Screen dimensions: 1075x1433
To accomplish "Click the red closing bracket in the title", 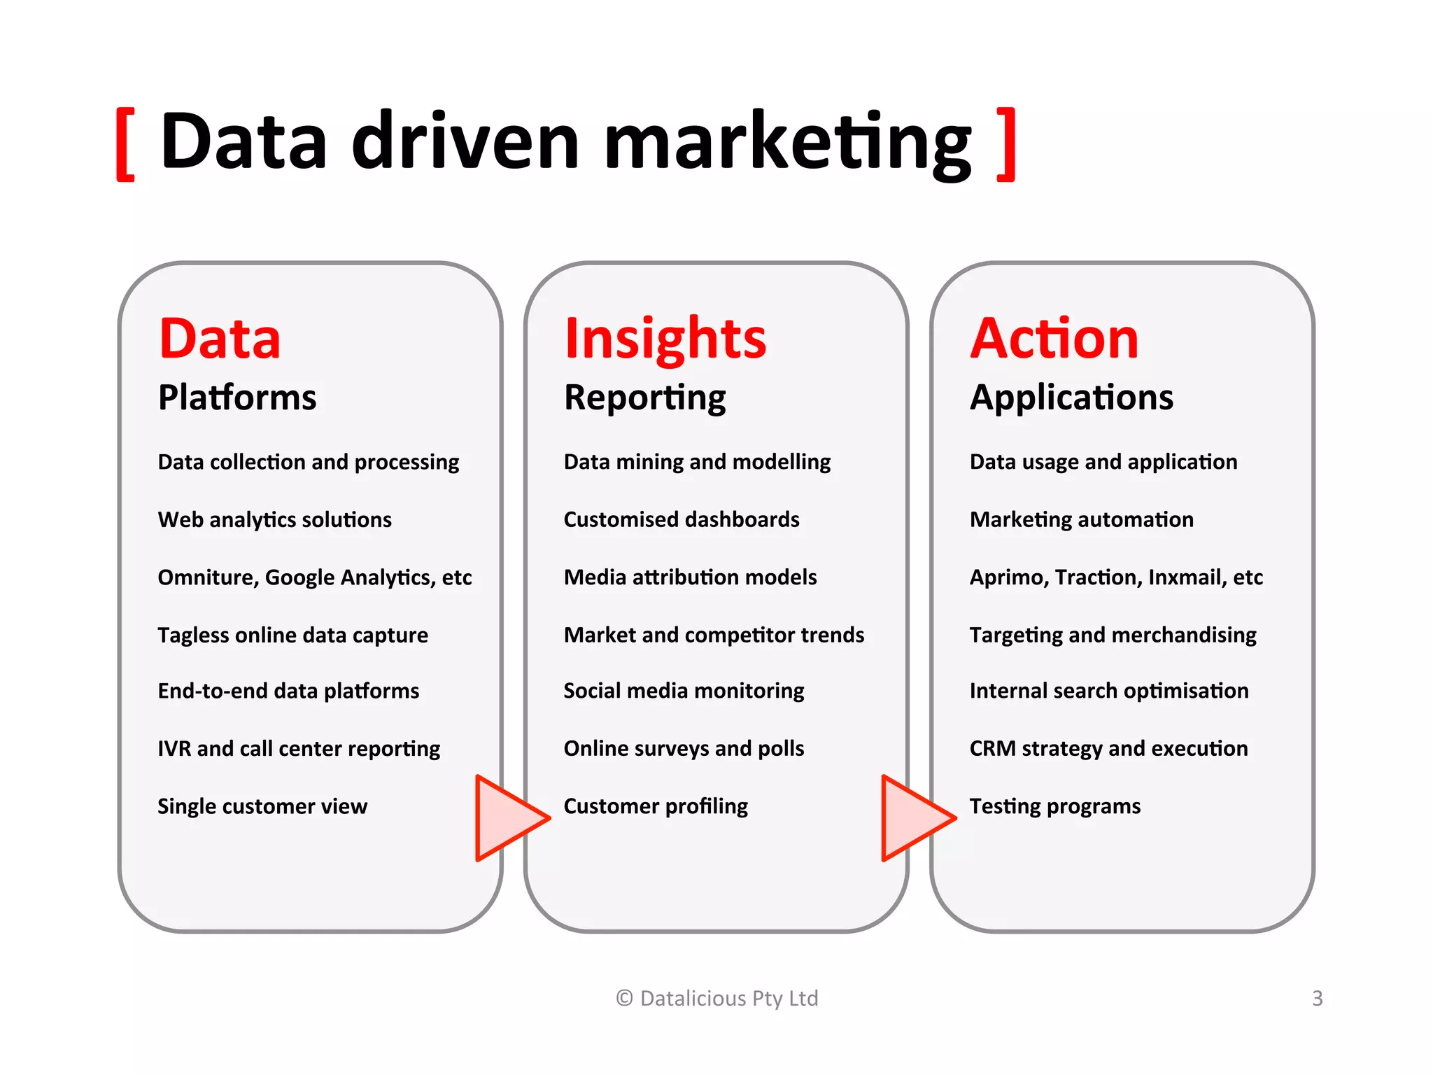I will (x=1006, y=145).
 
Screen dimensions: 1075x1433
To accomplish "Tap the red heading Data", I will (x=220, y=339).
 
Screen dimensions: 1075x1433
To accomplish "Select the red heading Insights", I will (x=665, y=339).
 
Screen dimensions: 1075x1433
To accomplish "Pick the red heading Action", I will (x=1054, y=339).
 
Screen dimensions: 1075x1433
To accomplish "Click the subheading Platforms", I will (x=237, y=398).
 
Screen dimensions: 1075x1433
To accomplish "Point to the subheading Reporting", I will (x=644, y=398).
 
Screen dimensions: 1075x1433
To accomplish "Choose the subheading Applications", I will (x=1071, y=398).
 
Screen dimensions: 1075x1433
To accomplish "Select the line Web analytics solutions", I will (x=274, y=520).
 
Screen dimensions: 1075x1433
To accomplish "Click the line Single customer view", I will (x=262, y=806).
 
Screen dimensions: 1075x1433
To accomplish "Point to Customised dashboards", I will (x=682, y=519).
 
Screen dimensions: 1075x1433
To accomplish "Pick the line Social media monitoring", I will (x=684, y=691).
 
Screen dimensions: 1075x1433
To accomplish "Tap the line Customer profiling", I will (x=656, y=806).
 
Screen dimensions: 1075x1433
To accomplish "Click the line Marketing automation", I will (x=1082, y=519).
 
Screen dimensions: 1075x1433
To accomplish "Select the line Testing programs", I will (x=1055, y=806).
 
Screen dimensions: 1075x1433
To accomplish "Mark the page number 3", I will (x=1318, y=998).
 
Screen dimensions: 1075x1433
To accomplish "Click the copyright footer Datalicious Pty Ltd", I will (x=717, y=998).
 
